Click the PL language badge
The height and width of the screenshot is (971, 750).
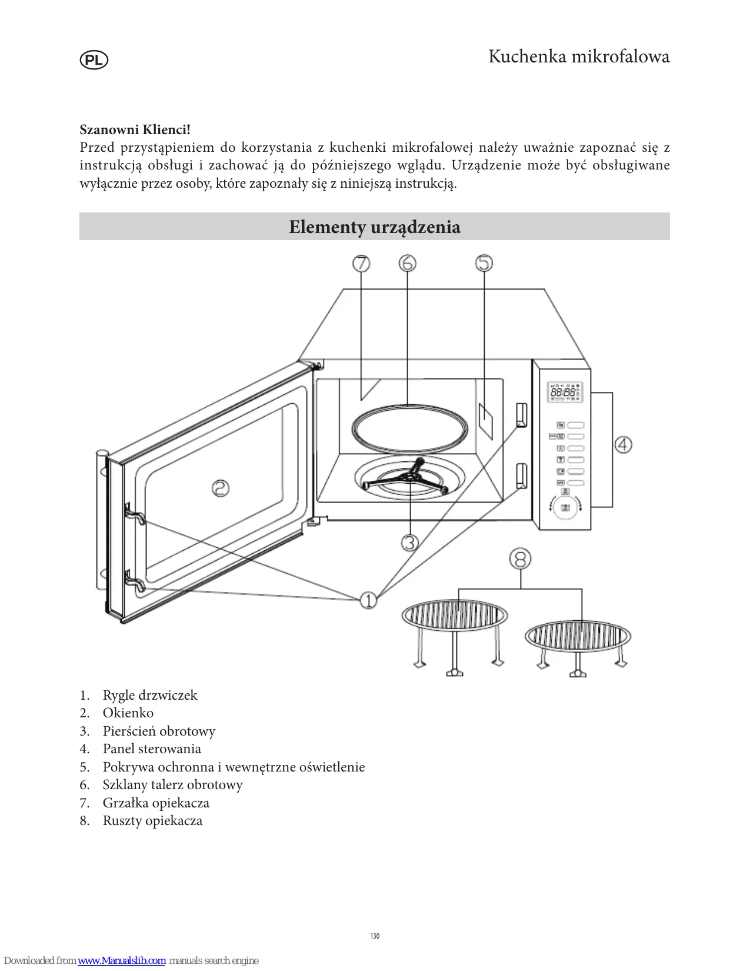(94, 60)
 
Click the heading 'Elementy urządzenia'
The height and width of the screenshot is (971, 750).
(374, 227)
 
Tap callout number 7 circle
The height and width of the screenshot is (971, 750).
(361, 263)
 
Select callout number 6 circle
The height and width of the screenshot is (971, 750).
(407, 263)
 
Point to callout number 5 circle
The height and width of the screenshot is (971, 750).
(484, 263)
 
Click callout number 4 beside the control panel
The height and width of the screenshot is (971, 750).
(623, 444)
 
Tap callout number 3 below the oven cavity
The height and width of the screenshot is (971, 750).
(410, 542)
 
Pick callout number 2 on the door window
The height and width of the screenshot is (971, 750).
(221, 488)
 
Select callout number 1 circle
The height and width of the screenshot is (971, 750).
(368, 600)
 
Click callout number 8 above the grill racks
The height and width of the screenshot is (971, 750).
(520, 558)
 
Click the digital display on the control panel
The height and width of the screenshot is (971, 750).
(565, 392)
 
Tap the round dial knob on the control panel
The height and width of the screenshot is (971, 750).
(565, 507)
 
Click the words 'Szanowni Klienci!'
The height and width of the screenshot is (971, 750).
(135, 129)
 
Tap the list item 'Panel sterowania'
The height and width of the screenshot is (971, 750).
(152, 749)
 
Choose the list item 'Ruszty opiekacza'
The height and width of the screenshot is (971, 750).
(152, 820)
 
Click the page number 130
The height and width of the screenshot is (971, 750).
(375, 936)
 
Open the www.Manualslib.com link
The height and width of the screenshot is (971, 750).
(122, 960)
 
